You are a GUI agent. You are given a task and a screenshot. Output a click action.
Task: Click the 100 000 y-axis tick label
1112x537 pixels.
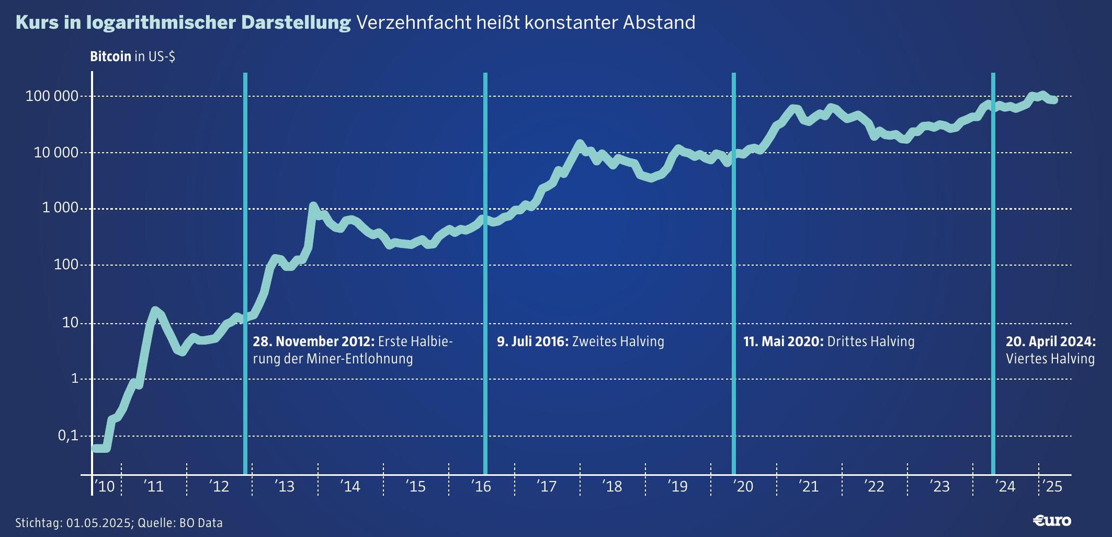coord(52,96)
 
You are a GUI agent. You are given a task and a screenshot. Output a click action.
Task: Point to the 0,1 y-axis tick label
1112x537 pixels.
coord(68,436)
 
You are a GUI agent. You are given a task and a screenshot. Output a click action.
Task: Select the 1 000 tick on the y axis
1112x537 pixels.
coord(60,208)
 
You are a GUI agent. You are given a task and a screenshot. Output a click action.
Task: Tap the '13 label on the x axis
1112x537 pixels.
coord(285,487)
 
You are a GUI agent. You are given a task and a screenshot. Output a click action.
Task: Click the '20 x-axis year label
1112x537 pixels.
coord(743,487)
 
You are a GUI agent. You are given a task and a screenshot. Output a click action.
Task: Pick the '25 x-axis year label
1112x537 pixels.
coord(1052,487)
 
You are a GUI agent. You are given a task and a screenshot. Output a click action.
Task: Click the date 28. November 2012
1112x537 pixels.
coord(313,341)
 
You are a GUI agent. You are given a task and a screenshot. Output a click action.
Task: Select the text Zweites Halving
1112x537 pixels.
coord(618,341)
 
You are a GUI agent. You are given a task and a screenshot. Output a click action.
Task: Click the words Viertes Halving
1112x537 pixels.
coord(1050,359)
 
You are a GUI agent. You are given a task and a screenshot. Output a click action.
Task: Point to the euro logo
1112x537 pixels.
coord(1052,521)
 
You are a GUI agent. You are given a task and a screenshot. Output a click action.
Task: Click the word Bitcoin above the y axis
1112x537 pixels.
coord(110,56)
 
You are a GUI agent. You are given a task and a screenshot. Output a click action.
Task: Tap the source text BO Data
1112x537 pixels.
coord(201,523)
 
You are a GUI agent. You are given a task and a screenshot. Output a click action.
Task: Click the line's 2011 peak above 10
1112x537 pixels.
coord(155,310)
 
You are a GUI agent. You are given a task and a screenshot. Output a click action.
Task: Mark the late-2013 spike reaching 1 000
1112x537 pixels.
coord(313,206)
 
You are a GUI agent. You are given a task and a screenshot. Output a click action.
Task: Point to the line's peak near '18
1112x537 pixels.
coord(579,143)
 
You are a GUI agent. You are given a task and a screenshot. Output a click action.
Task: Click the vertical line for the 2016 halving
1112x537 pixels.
coord(485,272)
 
